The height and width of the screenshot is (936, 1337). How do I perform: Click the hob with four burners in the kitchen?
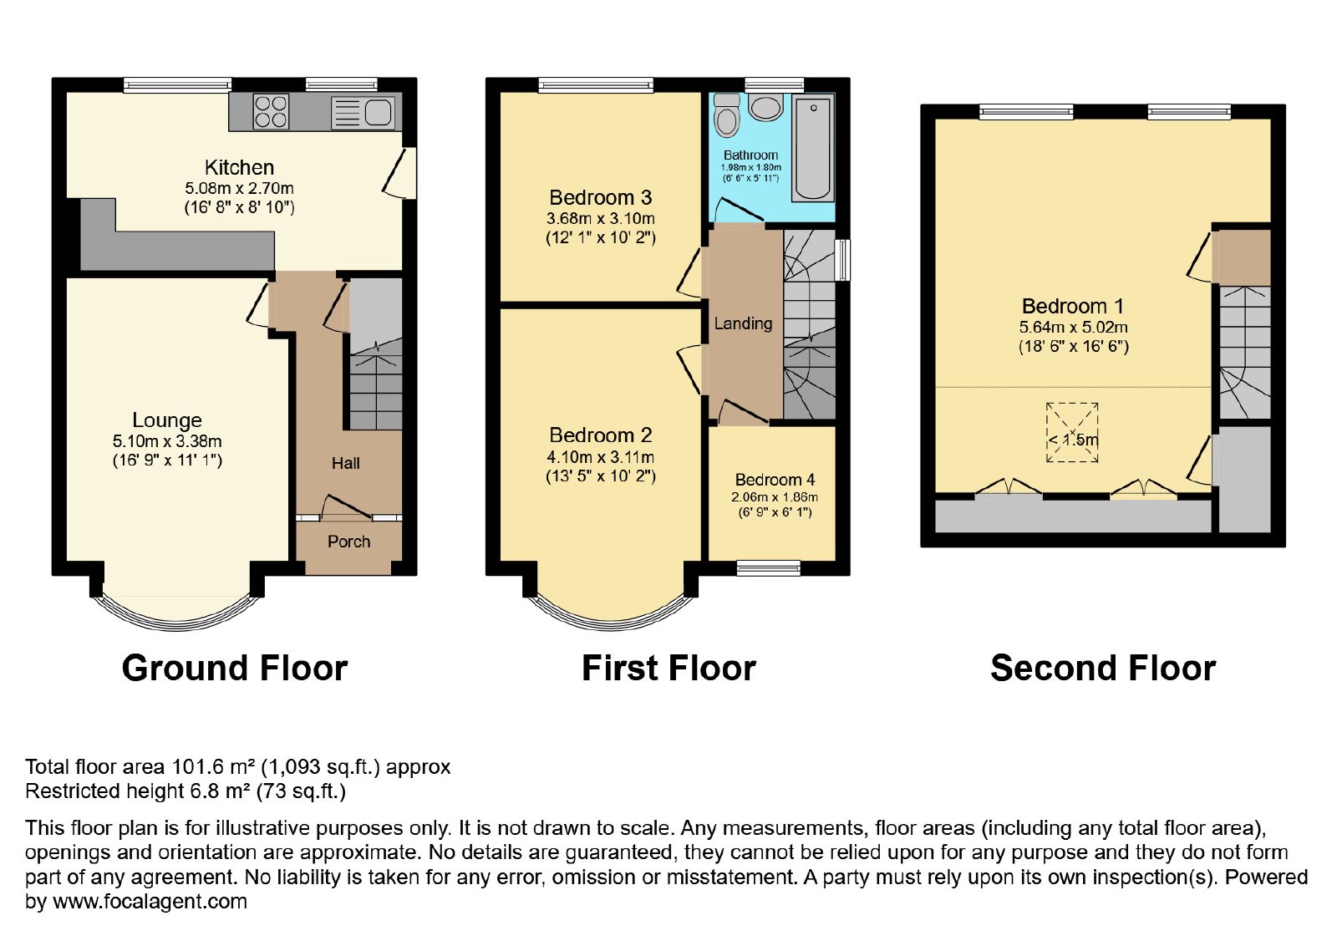271,112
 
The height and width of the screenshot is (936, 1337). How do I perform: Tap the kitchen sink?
363,113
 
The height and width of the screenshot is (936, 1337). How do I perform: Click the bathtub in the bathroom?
813,149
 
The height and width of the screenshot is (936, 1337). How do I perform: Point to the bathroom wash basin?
765,107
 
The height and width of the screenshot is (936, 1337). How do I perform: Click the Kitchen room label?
239,167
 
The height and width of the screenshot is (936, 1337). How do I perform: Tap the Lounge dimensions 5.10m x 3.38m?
167,441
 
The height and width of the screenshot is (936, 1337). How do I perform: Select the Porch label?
349,542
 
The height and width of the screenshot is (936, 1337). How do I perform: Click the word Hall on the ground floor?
346,463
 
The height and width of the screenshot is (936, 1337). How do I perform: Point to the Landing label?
743,323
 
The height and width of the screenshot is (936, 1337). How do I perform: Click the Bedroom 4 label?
775,480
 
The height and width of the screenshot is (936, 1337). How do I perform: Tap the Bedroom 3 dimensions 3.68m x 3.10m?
601,218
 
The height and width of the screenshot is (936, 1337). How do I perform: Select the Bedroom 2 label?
601,435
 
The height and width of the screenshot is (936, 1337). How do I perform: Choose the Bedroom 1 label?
1073,306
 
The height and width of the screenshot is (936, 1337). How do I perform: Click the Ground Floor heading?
235,668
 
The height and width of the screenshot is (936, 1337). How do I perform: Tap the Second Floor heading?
1103,668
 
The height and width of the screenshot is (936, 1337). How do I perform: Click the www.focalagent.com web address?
150,901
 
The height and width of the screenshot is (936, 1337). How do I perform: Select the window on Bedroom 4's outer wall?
768,567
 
